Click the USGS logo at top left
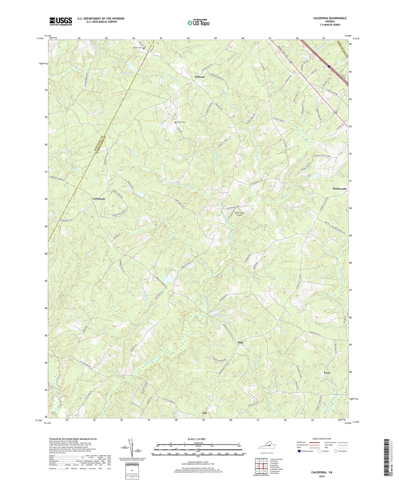pyautogui.click(x=60, y=21)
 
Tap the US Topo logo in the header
pyautogui.click(x=198, y=23)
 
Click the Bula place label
pyautogui.click(x=240, y=342)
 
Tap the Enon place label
pyautogui.click(x=327, y=373)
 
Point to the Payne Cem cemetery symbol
pyautogui.click(x=175, y=123)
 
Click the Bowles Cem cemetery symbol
pyautogui.click(x=144, y=48)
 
